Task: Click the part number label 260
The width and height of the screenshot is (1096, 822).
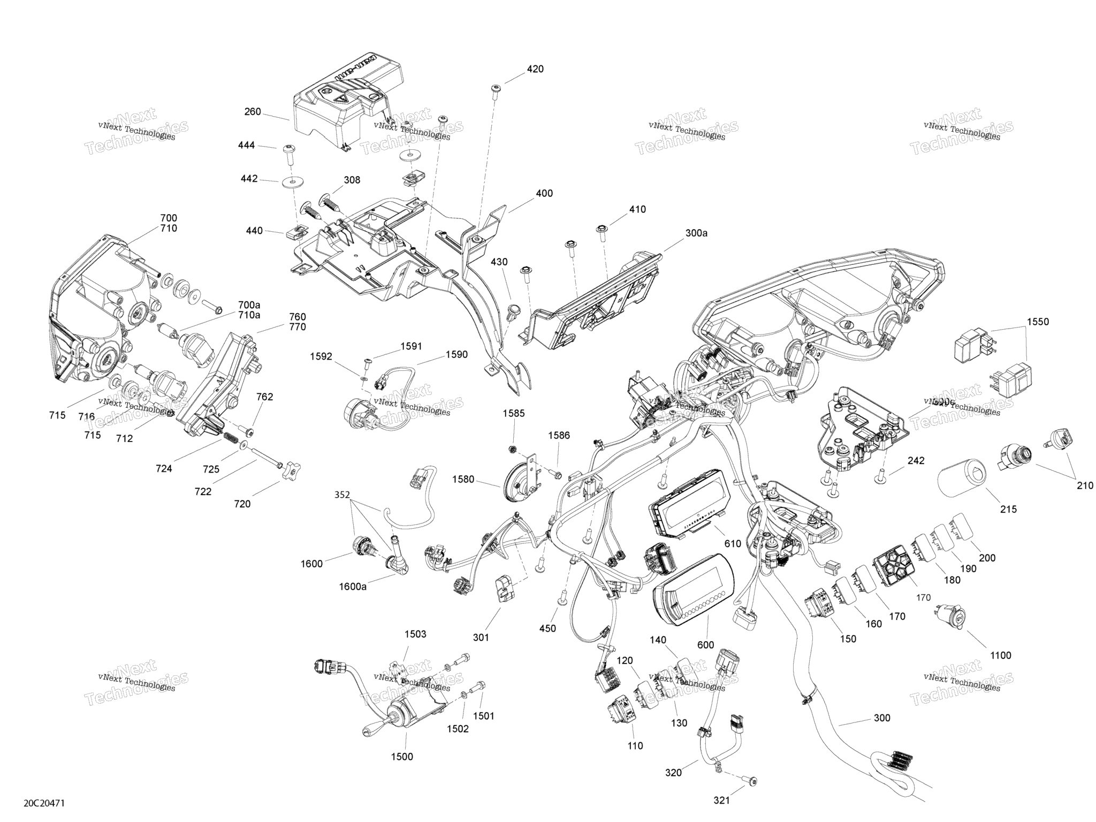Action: [253, 112]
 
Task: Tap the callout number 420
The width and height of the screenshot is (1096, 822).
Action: [535, 69]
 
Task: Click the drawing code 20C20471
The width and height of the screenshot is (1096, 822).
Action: [44, 803]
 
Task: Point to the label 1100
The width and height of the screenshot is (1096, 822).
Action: [1000, 655]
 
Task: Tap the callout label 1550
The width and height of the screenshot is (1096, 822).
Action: [1038, 322]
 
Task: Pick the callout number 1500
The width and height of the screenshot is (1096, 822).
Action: [402, 757]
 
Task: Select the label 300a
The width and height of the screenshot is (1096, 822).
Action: [696, 233]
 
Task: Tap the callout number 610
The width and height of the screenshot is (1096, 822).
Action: [733, 544]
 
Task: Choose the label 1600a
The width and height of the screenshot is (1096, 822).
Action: [353, 587]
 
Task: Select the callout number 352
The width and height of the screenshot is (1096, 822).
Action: [342, 494]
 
